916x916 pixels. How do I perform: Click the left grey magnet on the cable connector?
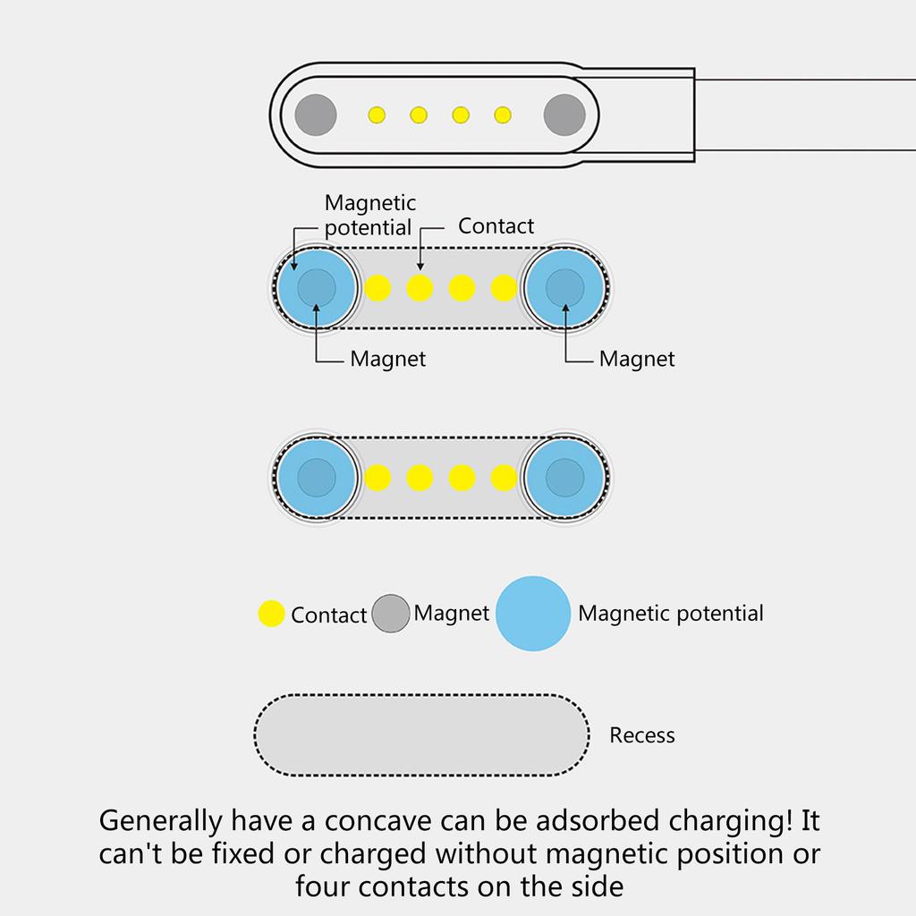pyautogui.click(x=316, y=114)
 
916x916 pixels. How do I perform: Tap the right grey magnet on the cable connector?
pyautogui.click(x=564, y=114)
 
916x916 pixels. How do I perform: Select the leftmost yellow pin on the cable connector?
pyautogui.click(x=377, y=114)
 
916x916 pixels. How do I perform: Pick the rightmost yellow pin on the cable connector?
pyautogui.click(x=503, y=114)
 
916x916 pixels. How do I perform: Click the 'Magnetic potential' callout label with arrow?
pyautogui.click(x=369, y=216)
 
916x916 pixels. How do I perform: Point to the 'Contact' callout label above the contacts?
pyautogui.click(x=496, y=226)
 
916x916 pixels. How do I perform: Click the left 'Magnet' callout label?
pyautogui.click(x=387, y=360)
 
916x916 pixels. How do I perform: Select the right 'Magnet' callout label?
pyautogui.click(x=637, y=360)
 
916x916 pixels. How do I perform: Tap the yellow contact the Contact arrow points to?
pyautogui.click(x=420, y=288)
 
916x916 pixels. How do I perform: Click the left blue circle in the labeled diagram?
pyautogui.click(x=316, y=288)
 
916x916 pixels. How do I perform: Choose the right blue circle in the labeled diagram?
pyautogui.click(x=564, y=288)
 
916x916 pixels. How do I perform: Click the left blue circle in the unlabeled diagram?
pyautogui.click(x=316, y=477)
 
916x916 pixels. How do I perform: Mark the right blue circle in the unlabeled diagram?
pyautogui.click(x=564, y=477)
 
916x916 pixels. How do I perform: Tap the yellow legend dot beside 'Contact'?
pyautogui.click(x=271, y=614)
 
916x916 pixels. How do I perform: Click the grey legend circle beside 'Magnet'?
pyautogui.click(x=390, y=614)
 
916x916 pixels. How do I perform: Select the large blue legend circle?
pyautogui.click(x=532, y=614)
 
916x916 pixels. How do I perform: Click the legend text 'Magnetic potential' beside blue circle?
pyautogui.click(x=671, y=614)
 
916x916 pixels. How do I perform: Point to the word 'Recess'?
pyautogui.click(x=641, y=735)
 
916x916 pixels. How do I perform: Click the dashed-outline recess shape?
pyautogui.click(x=421, y=735)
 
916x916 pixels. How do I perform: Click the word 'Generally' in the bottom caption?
pyautogui.click(x=160, y=819)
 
